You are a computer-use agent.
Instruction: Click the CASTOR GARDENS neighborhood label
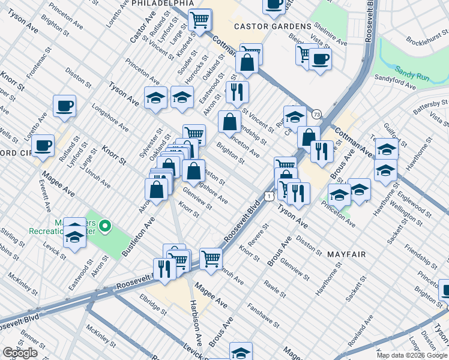[x=273, y=26]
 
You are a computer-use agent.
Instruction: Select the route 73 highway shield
[x=316, y=114]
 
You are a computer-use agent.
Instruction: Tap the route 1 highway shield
[x=270, y=196]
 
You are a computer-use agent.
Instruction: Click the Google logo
[x=20, y=353]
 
